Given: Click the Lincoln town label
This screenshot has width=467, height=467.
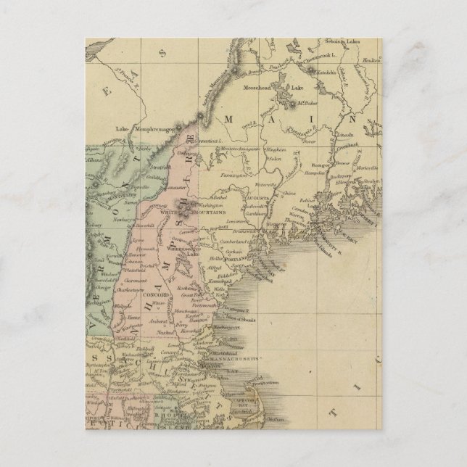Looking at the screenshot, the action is [x=344, y=135].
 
